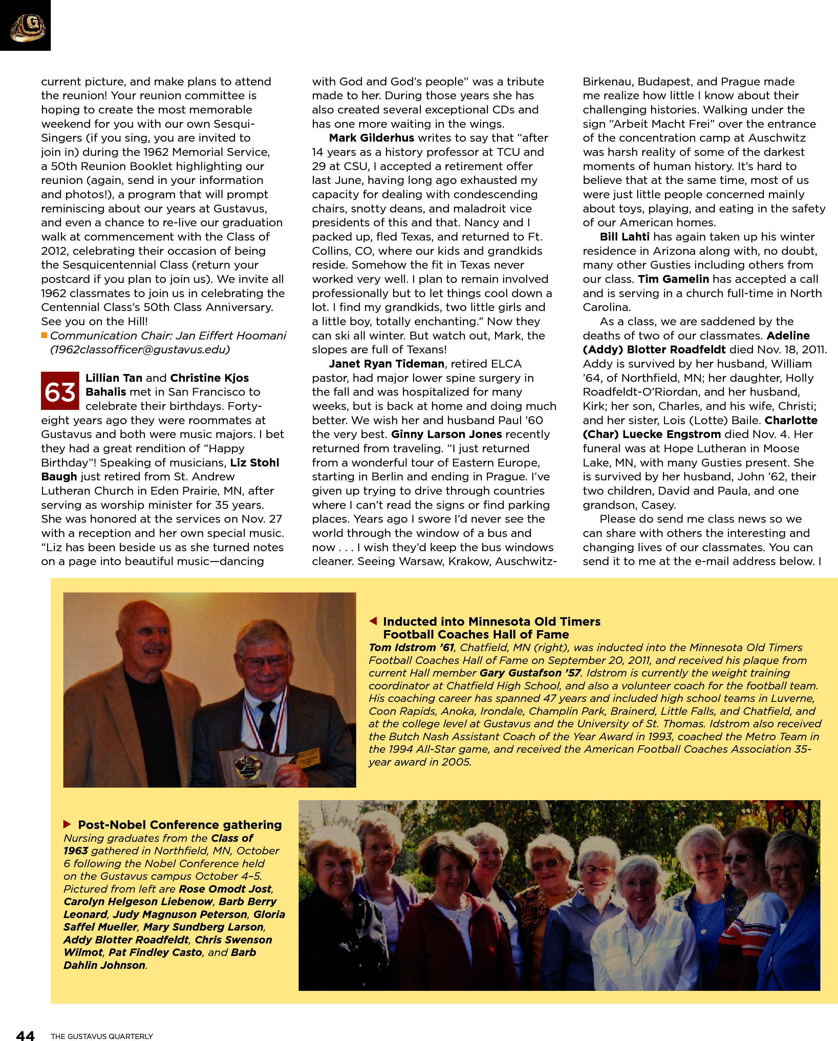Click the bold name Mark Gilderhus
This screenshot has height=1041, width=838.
tap(371, 138)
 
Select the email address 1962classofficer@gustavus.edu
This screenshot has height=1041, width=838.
tap(140, 349)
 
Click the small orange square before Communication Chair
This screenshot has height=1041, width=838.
tap(44, 335)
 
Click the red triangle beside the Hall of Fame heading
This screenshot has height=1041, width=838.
tap(373, 621)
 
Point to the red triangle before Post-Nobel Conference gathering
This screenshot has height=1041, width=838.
tap(68, 824)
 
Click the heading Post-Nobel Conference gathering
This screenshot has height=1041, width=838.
tap(179, 825)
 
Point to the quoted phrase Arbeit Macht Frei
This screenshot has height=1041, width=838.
tap(661, 124)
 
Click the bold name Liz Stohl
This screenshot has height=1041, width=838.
tap(254, 462)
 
